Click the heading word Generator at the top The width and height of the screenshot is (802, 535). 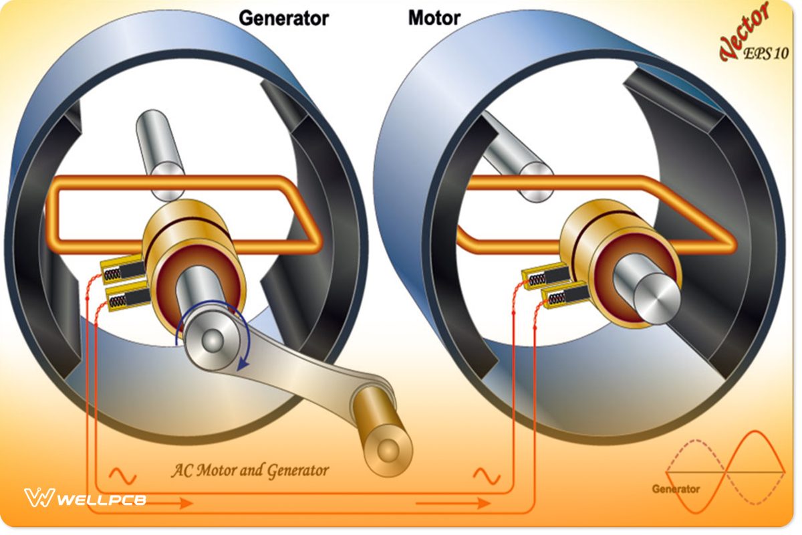click(x=283, y=18)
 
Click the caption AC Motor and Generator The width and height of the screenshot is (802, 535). click(x=250, y=470)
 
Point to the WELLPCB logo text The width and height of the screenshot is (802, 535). click(x=100, y=500)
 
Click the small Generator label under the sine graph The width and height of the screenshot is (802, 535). click(x=676, y=489)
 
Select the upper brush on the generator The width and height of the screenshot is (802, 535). click(x=124, y=271)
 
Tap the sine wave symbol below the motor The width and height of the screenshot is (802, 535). click(x=487, y=476)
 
